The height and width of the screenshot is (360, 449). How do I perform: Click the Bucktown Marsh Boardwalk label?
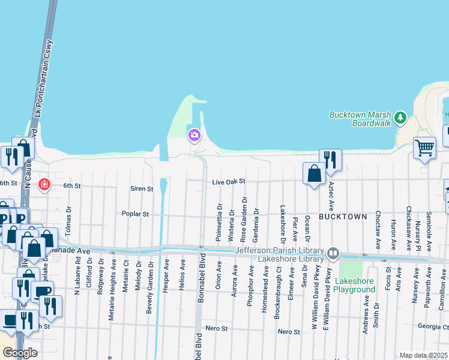(x=360, y=119)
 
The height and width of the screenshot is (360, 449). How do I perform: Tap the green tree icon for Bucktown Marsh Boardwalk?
(x=402, y=117)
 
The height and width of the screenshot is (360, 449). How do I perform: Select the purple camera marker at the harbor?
(x=194, y=134)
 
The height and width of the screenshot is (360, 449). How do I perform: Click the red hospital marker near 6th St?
(x=44, y=184)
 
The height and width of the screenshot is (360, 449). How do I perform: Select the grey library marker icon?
(x=333, y=255)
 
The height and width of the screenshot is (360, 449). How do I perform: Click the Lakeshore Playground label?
(x=355, y=286)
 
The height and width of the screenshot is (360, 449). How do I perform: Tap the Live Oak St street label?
(x=229, y=181)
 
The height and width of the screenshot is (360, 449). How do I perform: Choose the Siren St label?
(x=142, y=188)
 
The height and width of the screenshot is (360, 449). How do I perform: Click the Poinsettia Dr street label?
(x=218, y=223)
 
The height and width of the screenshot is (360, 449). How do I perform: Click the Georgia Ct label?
(x=433, y=327)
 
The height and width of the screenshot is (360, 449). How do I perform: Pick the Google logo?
(x=20, y=353)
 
